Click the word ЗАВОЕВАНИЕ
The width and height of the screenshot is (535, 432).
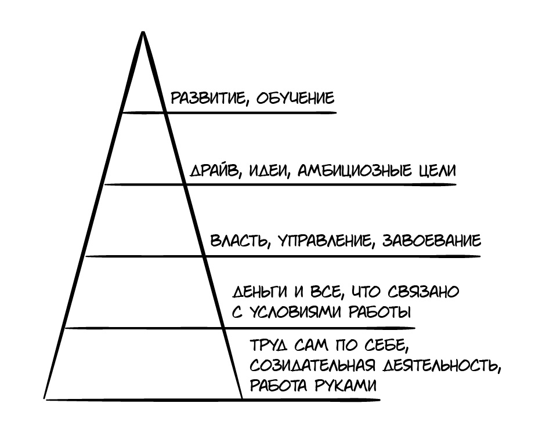(x=432, y=241)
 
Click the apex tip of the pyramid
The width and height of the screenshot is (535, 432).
(x=142, y=32)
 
